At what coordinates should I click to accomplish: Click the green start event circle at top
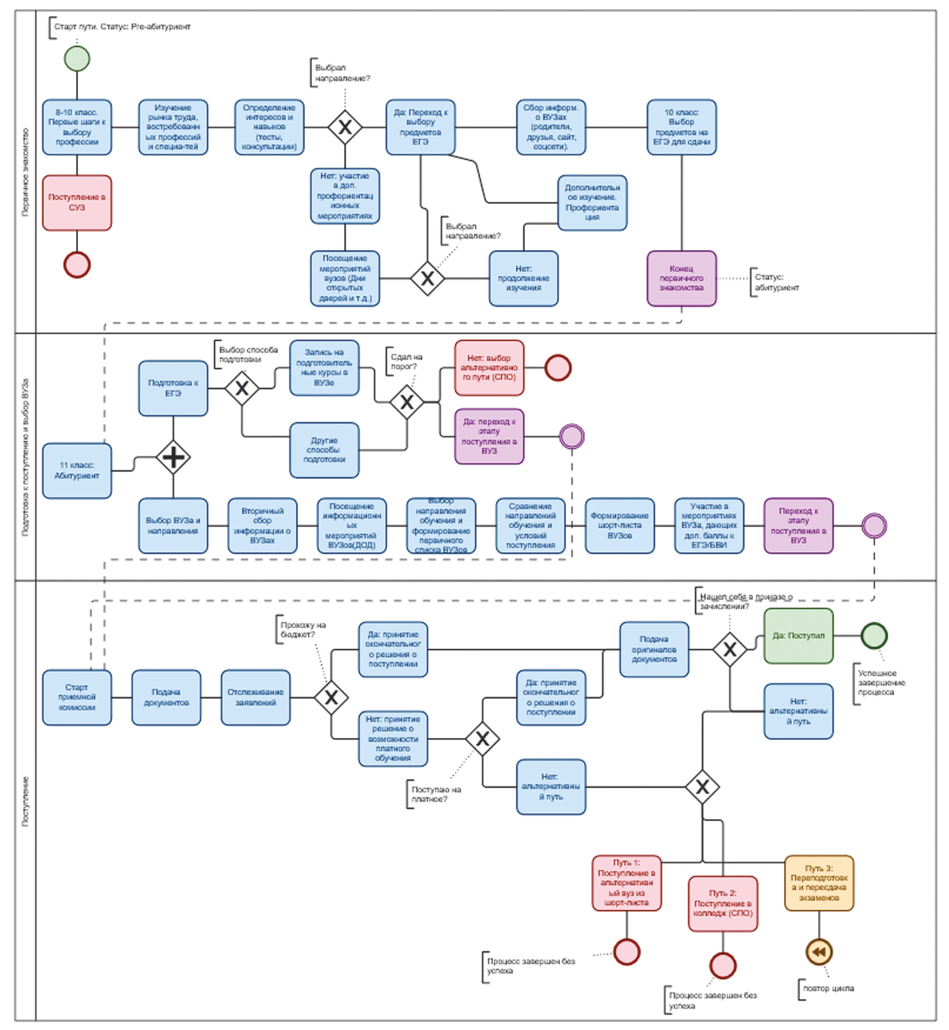click(x=77, y=59)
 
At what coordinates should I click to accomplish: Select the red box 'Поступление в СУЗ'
click(x=77, y=202)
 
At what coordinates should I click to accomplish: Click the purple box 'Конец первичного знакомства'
click(x=682, y=278)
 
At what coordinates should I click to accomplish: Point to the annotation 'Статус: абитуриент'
click(x=776, y=282)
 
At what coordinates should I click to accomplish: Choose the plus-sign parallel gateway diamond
click(x=173, y=457)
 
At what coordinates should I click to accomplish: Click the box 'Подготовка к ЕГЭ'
click(x=173, y=388)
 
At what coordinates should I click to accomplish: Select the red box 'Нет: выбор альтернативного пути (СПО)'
click(x=489, y=368)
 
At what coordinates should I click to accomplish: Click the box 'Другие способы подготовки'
click(x=324, y=450)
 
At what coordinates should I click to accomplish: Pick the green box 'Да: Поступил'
click(x=798, y=635)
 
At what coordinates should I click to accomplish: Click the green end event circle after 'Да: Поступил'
click(x=873, y=635)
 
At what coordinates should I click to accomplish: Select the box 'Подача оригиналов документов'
click(x=654, y=649)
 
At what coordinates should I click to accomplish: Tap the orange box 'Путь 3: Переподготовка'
click(x=819, y=883)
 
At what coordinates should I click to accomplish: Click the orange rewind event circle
click(x=819, y=952)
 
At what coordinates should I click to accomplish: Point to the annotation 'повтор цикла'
click(x=828, y=988)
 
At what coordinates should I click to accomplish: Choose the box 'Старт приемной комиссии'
click(x=77, y=697)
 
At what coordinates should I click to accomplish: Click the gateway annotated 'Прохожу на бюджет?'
click(x=331, y=697)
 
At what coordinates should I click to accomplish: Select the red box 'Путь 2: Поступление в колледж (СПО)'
click(x=723, y=904)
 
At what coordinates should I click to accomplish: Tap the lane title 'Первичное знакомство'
click(x=26, y=172)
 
